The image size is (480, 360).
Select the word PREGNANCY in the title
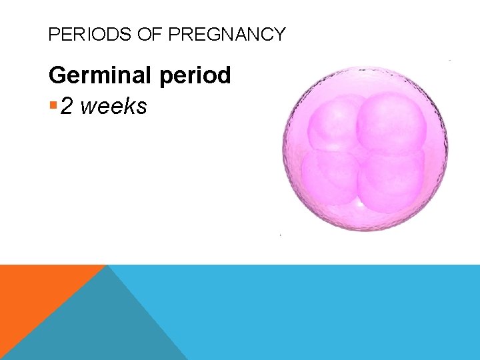tap(227, 34)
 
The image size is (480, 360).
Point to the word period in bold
tap(195, 76)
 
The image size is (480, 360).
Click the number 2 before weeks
tap(67, 105)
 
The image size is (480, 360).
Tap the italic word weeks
tap(113, 105)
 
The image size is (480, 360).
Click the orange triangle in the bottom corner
tap(33, 293)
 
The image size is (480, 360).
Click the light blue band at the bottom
tap(320, 313)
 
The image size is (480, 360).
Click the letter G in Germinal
tap(57, 75)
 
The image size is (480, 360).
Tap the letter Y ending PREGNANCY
tap(279, 34)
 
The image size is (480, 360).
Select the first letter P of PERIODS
tap(53, 34)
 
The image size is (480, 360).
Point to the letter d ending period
tap(224, 75)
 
